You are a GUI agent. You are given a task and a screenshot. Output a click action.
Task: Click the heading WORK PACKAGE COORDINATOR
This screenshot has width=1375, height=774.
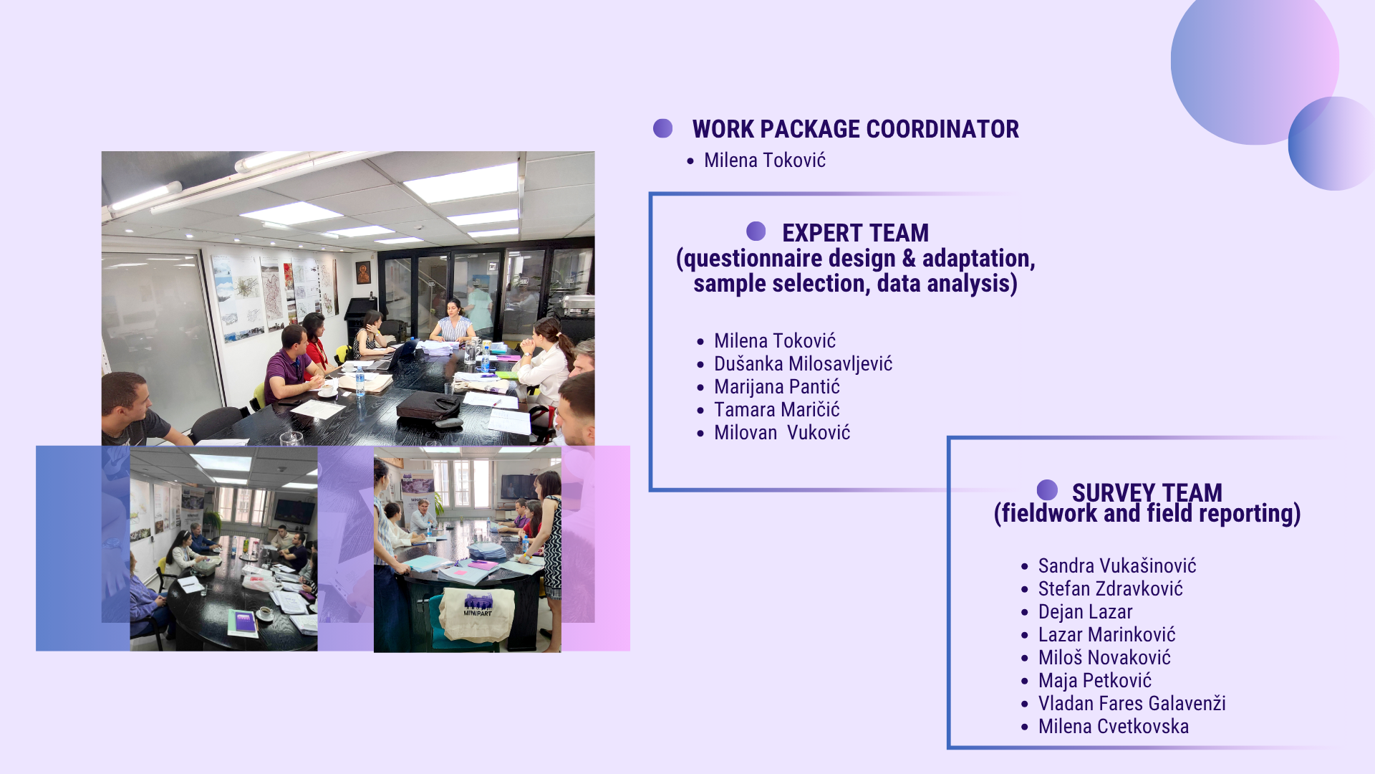point(855,129)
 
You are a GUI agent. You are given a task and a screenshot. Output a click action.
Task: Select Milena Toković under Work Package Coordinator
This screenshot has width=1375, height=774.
point(765,160)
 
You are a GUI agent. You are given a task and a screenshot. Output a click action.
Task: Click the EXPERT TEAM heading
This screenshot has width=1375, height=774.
point(855,233)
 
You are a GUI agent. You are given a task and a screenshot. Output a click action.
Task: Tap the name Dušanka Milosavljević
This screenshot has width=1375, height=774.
point(803,364)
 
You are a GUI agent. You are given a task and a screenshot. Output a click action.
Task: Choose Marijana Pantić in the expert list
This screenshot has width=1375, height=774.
point(777,387)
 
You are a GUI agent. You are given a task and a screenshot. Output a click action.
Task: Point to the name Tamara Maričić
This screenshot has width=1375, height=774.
point(777,410)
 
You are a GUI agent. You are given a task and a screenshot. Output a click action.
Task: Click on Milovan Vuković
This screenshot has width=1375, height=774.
point(782,433)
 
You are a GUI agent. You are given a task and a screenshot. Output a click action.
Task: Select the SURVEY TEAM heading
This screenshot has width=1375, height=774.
point(1147,492)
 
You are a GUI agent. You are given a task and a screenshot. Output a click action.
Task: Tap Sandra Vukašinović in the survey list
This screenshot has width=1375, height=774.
point(1117,566)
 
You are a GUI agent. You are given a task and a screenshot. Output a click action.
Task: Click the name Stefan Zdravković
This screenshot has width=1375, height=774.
point(1111,589)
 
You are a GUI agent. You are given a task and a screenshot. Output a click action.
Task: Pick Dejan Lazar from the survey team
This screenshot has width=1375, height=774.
point(1086,612)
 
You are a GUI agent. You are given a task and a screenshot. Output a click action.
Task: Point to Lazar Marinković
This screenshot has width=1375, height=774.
point(1107,635)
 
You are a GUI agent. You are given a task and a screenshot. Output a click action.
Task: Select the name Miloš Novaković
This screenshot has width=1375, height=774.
point(1104,658)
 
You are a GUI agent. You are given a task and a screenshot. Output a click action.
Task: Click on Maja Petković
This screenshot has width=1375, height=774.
point(1095,681)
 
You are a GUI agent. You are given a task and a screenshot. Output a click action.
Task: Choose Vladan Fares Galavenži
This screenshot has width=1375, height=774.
point(1132,704)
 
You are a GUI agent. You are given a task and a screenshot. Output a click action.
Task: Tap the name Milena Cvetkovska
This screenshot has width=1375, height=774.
point(1114,727)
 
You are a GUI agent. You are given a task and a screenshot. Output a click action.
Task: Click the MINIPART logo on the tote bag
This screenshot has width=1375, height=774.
point(478,606)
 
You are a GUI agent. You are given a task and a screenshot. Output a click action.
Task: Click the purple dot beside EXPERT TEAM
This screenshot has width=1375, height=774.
point(756,231)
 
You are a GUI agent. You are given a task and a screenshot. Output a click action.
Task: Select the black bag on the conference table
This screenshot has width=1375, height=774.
point(428,406)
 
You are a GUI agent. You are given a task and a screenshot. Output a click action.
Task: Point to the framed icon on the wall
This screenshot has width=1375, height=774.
point(364,272)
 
